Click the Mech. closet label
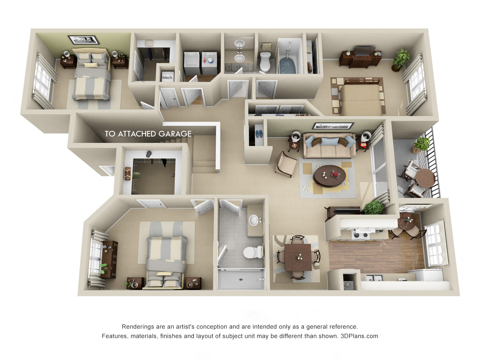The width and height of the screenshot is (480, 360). pos(167,78)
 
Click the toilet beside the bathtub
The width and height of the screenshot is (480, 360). pos(265,62)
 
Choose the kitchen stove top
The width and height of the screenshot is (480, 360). pos(361,235)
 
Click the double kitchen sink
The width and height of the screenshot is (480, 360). pos(374,278)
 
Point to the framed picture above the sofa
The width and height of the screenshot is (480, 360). pos(333,126)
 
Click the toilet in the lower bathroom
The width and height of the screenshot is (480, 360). pos(253,252)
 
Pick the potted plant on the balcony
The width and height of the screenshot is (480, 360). pos(422,144)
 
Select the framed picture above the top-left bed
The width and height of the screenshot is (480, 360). pos(82,39)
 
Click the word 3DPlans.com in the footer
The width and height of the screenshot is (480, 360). pos(359,336)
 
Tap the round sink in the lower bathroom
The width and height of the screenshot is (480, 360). pos(254,220)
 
